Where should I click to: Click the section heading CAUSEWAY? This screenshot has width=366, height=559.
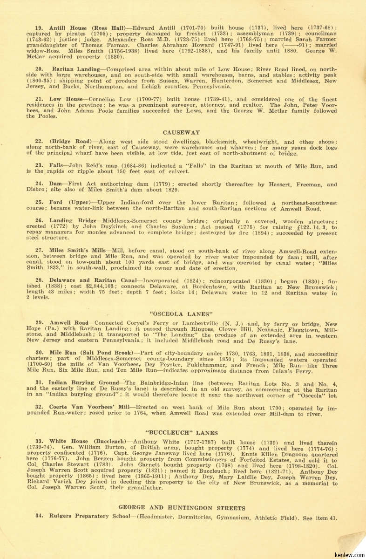point(182,132)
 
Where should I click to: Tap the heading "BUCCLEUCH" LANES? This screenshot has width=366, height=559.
point(182,433)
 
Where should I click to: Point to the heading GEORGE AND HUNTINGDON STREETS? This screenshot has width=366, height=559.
point(182,507)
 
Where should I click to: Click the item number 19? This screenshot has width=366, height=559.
point(39,28)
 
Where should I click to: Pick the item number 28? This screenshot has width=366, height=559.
point(39,280)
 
